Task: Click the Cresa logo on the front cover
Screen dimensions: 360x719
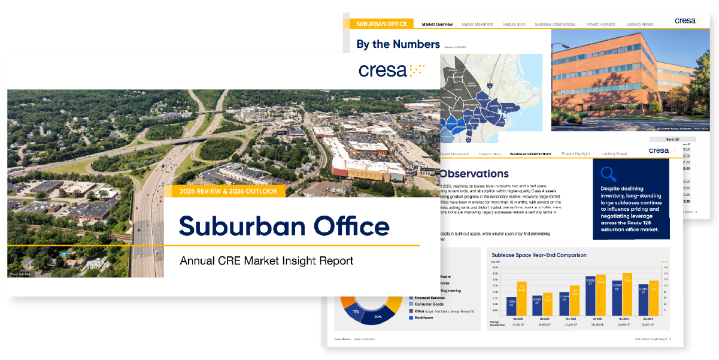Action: pyautogui.click(x=392, y=70)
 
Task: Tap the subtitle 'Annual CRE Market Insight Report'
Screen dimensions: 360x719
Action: pyautogui.click(x=266, y=261)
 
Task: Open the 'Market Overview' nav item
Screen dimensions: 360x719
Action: pyautogui.click(x=437, y=25)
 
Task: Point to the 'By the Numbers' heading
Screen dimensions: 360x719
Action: pyautogui.click(x=398, y=44)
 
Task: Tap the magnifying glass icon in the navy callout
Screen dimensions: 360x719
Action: pyautogui.click(x=608, y=174)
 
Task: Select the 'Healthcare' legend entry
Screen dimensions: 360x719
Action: pyautogui.click(x=427, y=317)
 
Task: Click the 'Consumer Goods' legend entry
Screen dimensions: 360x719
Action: pyautogui.click(x=430, y=304)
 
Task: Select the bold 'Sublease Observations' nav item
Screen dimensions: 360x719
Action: pyautogui.click(x=530, y=154)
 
